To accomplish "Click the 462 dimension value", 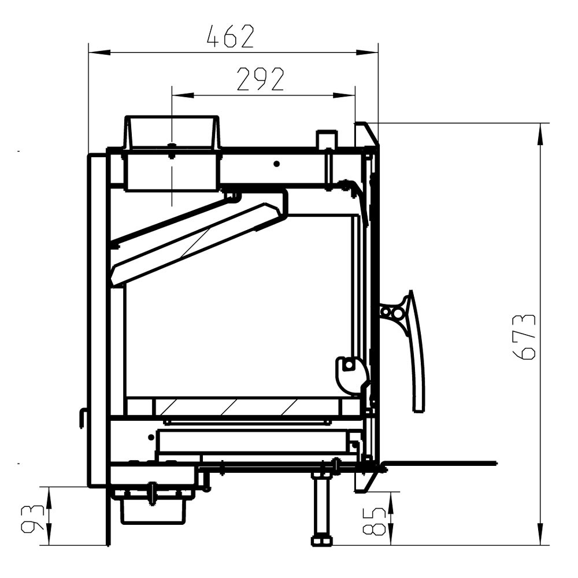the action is (x=231, y=36).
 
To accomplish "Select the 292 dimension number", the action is (x=260, y=79).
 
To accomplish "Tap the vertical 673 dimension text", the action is (x=524, y=337).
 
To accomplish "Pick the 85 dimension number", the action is (x=375, y=521).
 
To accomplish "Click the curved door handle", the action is (x=417, y=350).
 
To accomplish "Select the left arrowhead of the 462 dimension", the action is (x=99, y=53).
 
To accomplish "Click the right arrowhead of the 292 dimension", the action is (x=344, y=95).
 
